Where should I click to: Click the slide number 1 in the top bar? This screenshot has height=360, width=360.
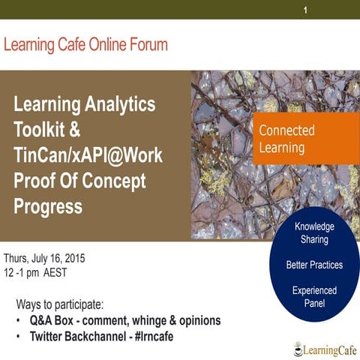tap(305, 10)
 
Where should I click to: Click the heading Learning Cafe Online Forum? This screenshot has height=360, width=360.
tap(85, 45)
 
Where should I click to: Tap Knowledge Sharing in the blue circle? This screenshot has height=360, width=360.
tap(314, 233)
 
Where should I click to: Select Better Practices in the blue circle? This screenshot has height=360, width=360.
tap(314, 265)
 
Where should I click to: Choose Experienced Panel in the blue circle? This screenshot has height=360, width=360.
tap(314, 297)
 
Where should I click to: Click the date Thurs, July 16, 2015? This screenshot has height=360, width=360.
tap(45, 259)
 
